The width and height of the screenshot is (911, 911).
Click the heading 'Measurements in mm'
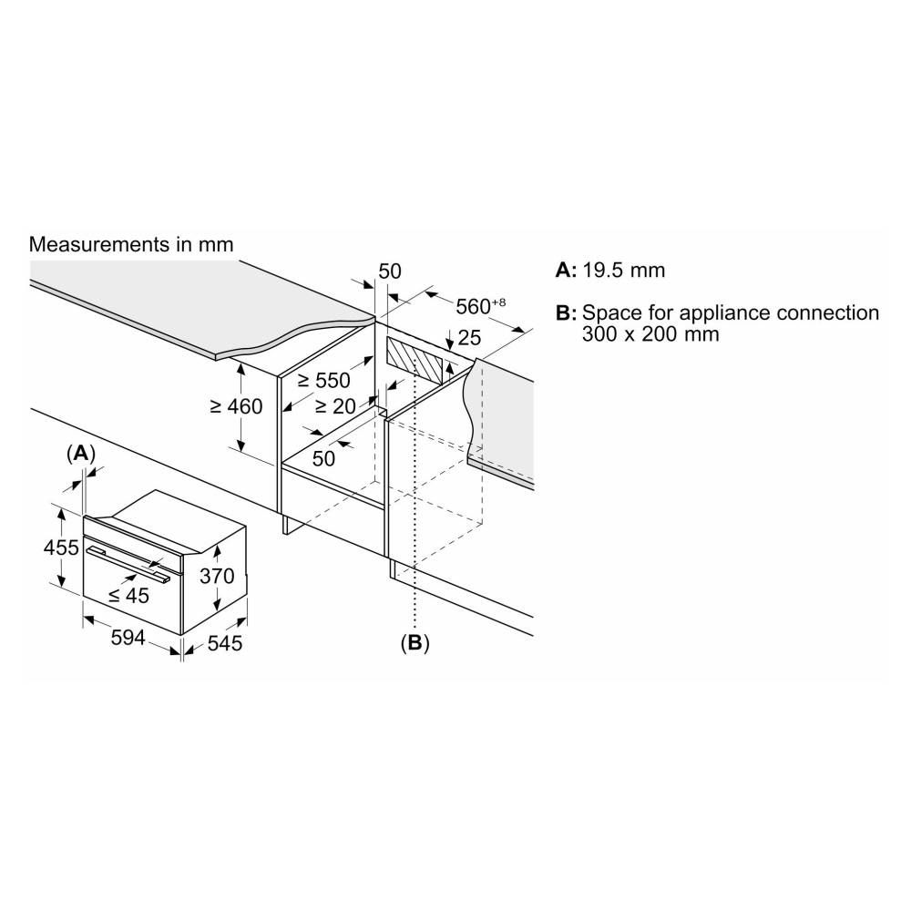coord(131,244)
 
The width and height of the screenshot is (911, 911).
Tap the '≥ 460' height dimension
coord(236,406)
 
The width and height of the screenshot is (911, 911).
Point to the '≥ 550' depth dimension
coord(323,381)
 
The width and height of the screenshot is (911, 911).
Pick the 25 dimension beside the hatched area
coord(468,339)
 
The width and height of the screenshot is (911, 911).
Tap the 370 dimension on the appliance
coord(218,576)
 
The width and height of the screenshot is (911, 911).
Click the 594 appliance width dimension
coord(128,638)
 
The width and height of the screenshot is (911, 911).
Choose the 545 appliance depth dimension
coord(224,644)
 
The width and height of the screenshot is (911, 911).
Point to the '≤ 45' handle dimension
coord(128,595)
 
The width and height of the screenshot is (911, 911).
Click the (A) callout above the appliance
coord(81,453)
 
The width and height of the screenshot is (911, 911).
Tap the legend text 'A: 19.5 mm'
coord(609,271)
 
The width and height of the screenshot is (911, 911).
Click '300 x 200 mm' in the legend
coord(650,334)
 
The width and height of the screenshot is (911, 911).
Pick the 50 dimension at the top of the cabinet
coord(389,271)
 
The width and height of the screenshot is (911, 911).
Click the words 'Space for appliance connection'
coord(731,312)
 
